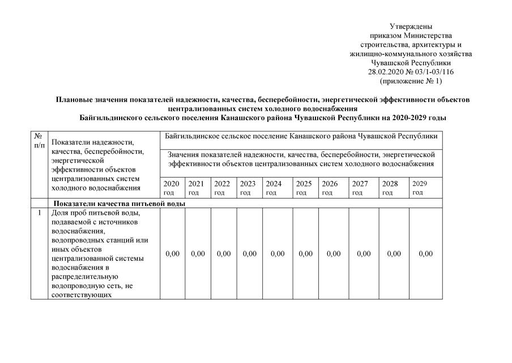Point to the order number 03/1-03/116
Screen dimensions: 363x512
[x=434, y=72]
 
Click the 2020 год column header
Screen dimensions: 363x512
[x=171, y=188]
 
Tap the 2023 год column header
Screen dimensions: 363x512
[x=248, y=188]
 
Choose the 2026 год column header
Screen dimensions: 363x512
[x=330, y=188]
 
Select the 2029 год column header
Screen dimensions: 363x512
[x=420, y=188]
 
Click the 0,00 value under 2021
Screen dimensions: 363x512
[x=198, y=254]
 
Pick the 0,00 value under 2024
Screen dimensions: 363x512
[x=278, y=254]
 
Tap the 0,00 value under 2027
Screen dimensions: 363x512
[x=364, y=254]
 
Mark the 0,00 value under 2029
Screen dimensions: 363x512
[x=425, y=254]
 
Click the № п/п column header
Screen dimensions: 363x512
[x=39, y=141]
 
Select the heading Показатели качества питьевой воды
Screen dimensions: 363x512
[x=119, y=204]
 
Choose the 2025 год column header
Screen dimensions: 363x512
[x=304, y=188]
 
